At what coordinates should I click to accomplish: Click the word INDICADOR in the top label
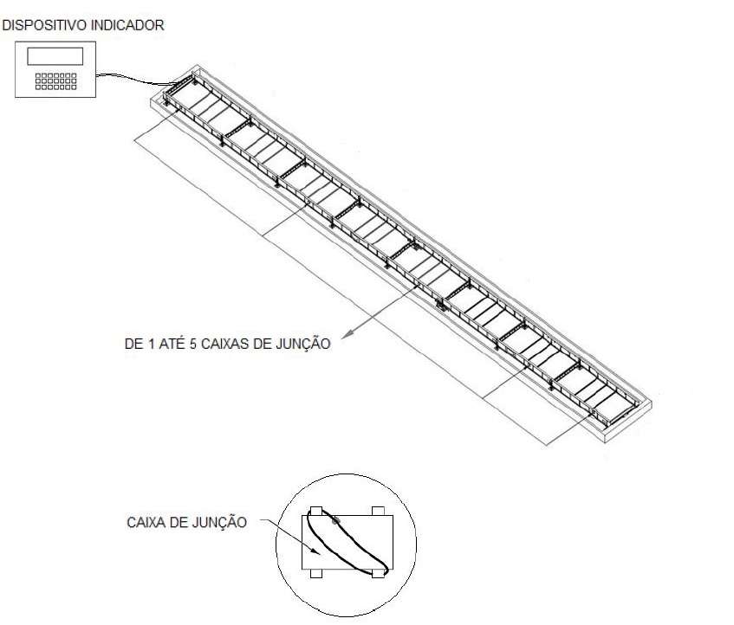127,25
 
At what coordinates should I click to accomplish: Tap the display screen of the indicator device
55,56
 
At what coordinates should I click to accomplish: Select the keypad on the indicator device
55,81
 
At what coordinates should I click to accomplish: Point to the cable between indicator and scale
133,79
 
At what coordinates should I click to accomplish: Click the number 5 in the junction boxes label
193,344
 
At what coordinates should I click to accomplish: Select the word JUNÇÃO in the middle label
303,344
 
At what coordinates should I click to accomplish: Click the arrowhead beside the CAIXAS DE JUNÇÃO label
347,334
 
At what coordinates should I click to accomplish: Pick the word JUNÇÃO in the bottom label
219,522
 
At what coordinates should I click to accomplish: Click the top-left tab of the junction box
316,511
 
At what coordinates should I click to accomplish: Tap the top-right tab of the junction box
378,511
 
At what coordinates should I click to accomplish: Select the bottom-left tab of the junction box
316,574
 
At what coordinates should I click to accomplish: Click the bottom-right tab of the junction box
378,574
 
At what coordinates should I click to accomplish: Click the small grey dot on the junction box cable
335,519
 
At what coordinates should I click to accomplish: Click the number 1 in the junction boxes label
151,344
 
